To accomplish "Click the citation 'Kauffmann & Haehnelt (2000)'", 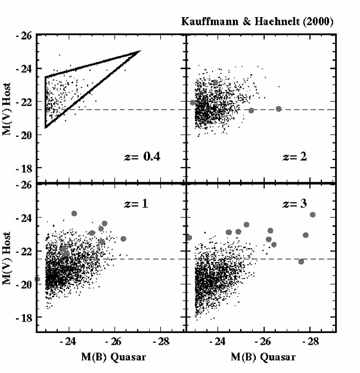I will click(257, 22).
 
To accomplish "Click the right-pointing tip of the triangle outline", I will click(140, 51).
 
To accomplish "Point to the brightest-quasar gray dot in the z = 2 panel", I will click(279, 109).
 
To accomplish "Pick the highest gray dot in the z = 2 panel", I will click(215, 82).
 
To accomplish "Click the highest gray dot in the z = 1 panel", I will click(74, 213).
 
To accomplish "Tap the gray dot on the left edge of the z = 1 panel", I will click(38, 279).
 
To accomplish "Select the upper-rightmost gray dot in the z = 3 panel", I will click(313, 215).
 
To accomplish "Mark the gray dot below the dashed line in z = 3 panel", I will click(301, 262).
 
